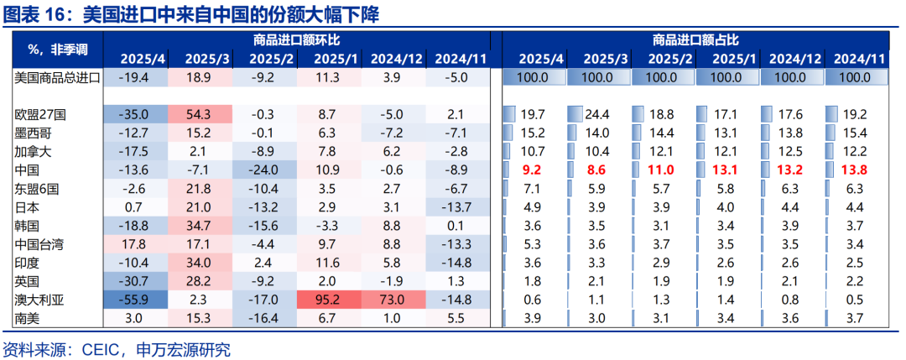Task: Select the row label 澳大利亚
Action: coord(39,300)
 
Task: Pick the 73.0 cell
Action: coord(391,300)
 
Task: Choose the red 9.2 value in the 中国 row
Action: coord(532,170)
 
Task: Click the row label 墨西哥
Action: coord(33,133)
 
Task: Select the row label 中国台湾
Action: coord(39,244)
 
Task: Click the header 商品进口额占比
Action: coord(695,39)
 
